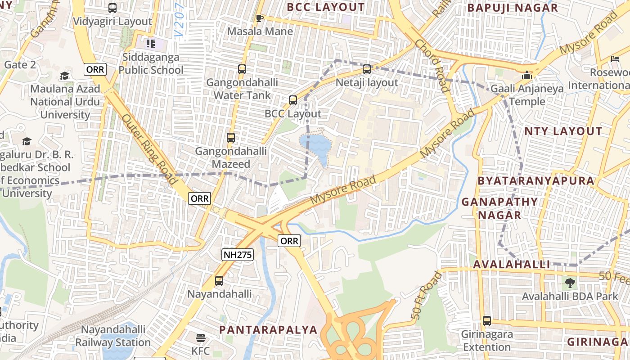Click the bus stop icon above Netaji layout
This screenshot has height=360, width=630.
click(367, 69)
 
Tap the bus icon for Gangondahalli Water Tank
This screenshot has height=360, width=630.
click(242, 69)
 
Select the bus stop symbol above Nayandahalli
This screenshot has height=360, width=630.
click(219, 281)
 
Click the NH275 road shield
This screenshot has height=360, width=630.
click(238, 255)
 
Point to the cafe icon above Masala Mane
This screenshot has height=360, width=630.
click(259, 18)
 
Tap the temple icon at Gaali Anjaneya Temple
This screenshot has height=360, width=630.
click(526, 75)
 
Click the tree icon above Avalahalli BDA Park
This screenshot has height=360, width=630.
click(570, 283)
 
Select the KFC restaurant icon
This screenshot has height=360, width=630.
click(201, 337)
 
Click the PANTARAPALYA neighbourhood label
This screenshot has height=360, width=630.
click(268, 329)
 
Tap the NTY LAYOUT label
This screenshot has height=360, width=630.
click(563, 131)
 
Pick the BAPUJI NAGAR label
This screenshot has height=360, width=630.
click(513, 8)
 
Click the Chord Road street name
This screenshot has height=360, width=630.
click(432, 65)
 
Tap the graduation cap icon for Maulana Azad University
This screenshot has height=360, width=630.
click(65, 76)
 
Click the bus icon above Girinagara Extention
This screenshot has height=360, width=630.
click(487, 321)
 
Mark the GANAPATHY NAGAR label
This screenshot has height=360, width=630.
click(499, 208)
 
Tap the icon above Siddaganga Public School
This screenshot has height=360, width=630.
click(150, 44)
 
